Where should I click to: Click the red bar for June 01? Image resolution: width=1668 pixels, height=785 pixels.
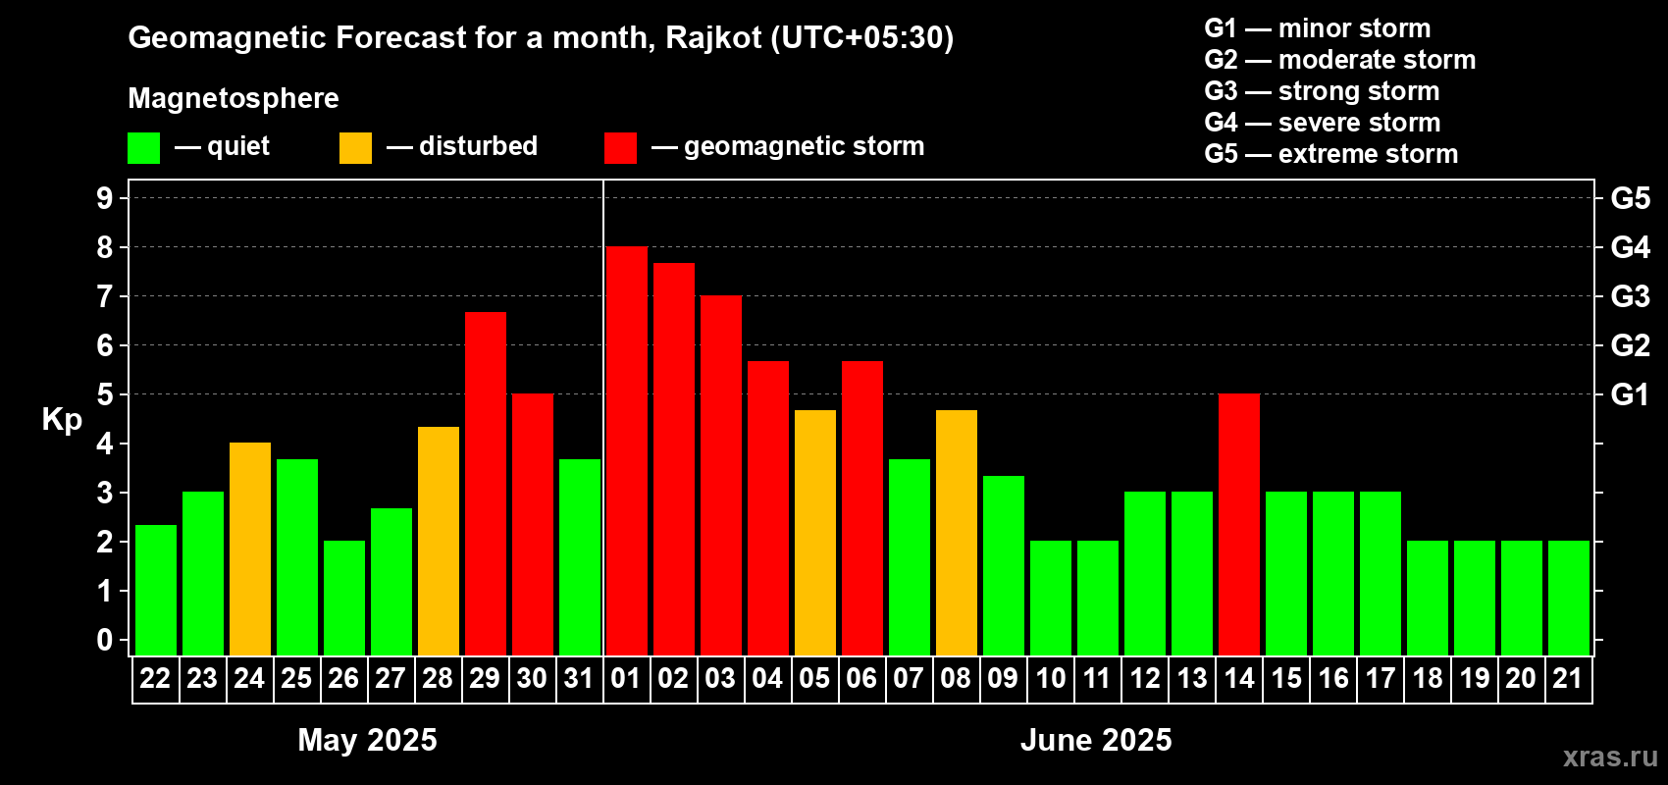pos(626,450)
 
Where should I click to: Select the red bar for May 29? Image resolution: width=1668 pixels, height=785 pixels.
pos(486,484)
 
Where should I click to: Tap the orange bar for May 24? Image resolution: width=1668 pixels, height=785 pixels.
pos(250,549)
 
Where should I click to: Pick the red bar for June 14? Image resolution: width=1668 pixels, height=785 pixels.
pos(1239,524)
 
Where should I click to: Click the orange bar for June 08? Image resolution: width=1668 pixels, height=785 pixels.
pos(956,533)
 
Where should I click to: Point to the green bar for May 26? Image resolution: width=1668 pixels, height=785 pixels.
pos(344,598)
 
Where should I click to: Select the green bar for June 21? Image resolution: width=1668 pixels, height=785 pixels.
pos(1568,598)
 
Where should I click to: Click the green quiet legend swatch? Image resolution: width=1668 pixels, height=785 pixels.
pos(143,147)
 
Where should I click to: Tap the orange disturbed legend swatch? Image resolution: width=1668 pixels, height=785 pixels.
pos(355,147)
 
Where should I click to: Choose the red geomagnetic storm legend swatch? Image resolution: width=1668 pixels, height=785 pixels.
pos(620,147)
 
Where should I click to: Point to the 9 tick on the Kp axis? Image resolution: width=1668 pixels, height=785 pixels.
pos(104,198)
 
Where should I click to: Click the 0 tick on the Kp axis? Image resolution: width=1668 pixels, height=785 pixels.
pos(104,640)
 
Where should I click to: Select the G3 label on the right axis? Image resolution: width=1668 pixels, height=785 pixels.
pos(1630,296)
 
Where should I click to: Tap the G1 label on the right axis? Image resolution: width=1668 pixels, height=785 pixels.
pos(1630,394)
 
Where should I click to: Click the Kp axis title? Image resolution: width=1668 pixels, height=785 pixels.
pos(62,420)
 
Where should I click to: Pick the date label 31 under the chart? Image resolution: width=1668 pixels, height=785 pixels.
pos(579,678)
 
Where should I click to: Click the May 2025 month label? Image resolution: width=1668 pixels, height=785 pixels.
pos(367,740)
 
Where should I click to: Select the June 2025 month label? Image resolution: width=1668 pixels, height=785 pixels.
pos(1095,740)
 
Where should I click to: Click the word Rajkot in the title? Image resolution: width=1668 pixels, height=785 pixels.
pos(713,38)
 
